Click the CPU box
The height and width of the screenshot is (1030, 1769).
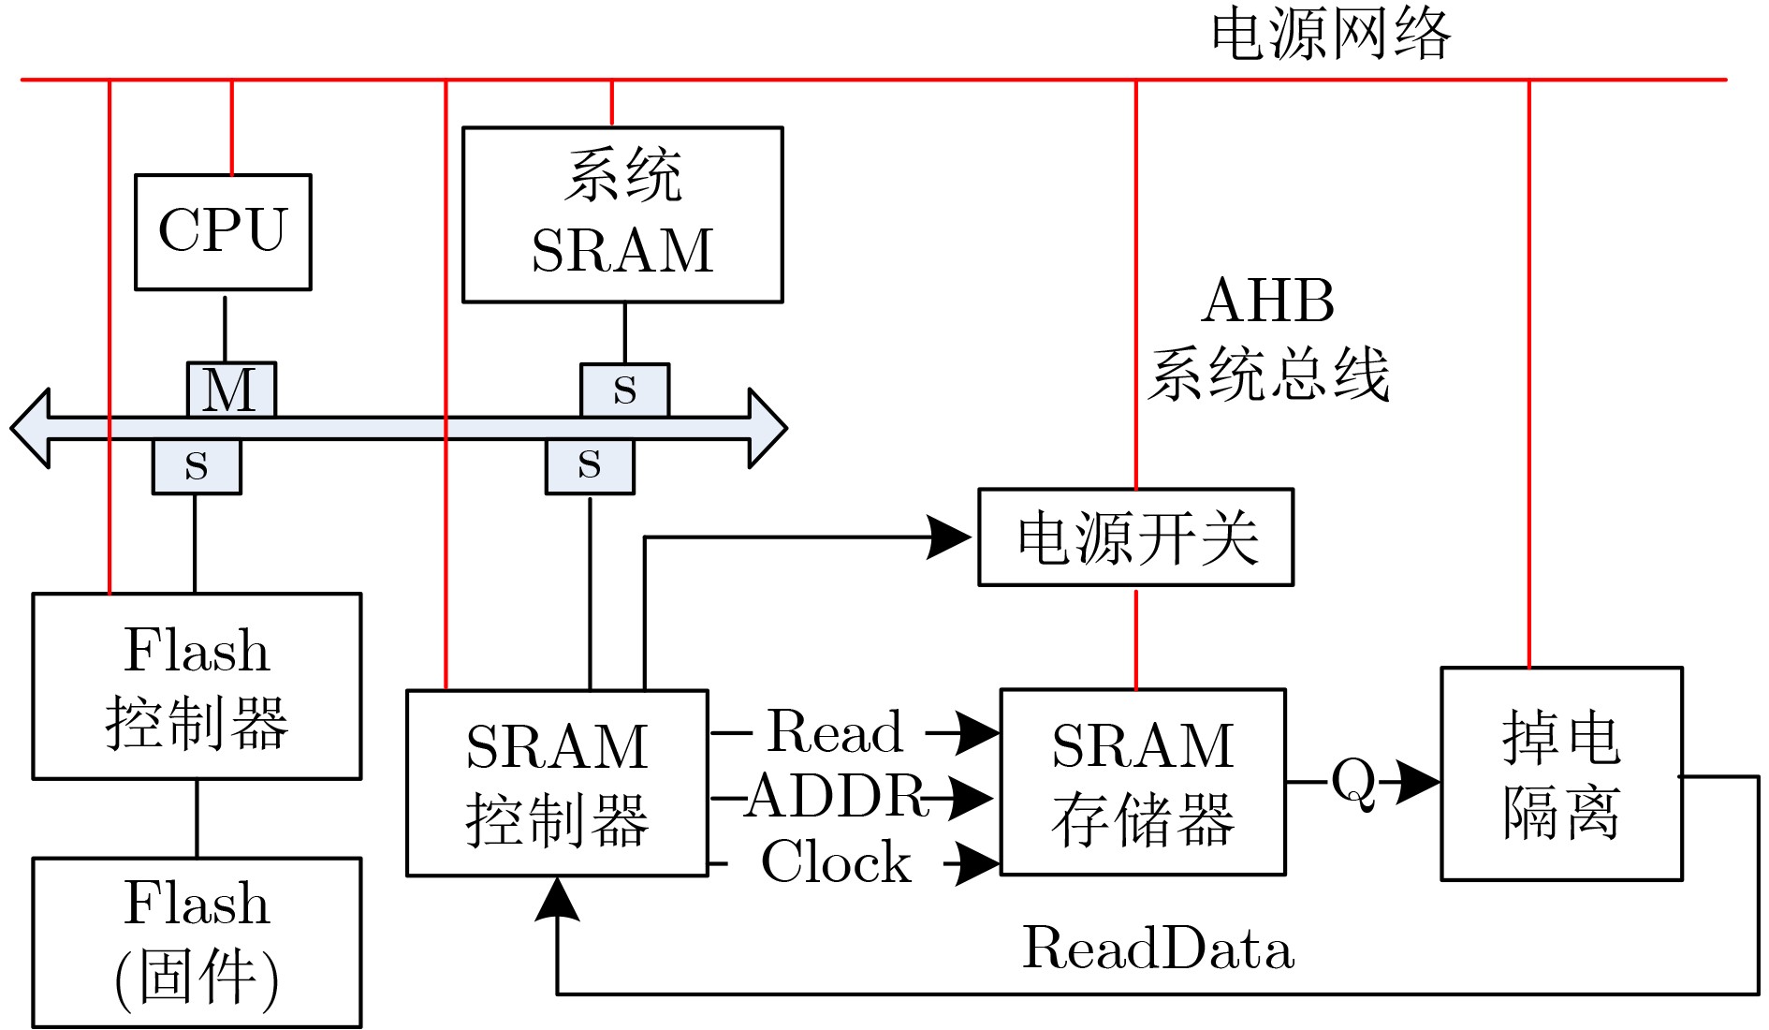coord(223,231)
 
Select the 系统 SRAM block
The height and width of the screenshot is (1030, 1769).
coord(622,214)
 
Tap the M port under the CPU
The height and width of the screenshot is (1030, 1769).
coord(231,390)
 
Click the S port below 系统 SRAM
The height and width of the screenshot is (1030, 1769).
coord(624,390)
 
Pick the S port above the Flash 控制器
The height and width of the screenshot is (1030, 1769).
coord(197,465)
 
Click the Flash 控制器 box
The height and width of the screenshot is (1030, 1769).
coord(197,685)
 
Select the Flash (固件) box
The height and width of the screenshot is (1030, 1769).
coord(197,942)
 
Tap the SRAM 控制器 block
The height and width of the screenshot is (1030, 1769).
coord(557,783)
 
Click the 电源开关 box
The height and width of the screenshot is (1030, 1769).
coord(1135,537)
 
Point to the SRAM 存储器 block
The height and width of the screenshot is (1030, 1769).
coord(1143,782)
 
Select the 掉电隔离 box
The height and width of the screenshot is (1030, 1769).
coord(1561,773)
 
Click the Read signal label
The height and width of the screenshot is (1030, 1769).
coord(836,731)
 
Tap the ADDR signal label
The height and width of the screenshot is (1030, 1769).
coord(836,797)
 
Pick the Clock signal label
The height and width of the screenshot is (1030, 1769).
coord(836,861)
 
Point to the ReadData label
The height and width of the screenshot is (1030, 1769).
coord(1158,948)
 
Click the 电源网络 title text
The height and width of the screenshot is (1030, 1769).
coord(1330,35)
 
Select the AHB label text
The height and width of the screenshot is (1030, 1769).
coord(1268,301)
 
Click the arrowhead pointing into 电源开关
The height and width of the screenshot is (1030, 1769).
coord(949,537)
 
